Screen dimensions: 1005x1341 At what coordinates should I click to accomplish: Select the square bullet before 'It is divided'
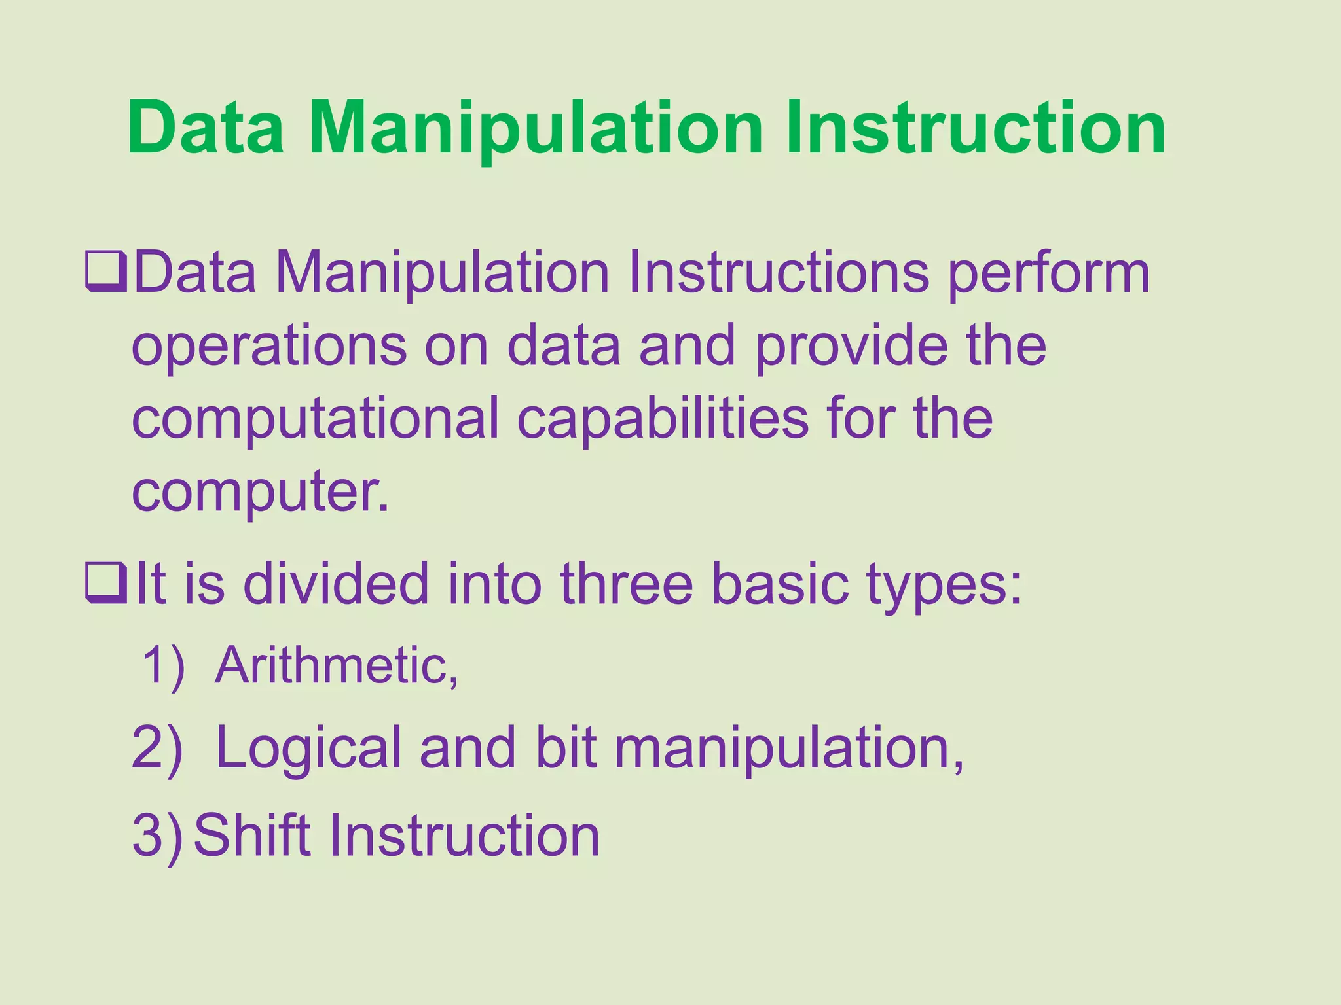point(105,584)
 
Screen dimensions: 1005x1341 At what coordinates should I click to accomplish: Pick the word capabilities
point(663,420)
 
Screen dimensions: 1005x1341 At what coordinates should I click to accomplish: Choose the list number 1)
point(164,666)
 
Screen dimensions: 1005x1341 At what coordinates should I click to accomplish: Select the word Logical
point(308,749)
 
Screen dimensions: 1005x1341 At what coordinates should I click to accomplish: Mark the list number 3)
point(157,835)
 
